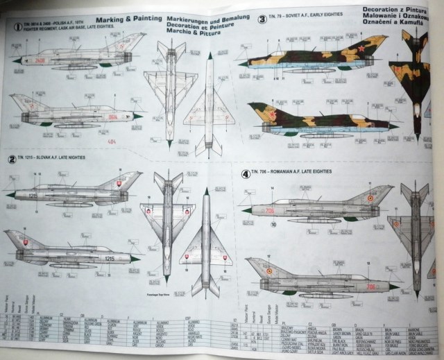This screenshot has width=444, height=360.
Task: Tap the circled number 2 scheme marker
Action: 12,159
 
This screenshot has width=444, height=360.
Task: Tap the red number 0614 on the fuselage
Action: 112,117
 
